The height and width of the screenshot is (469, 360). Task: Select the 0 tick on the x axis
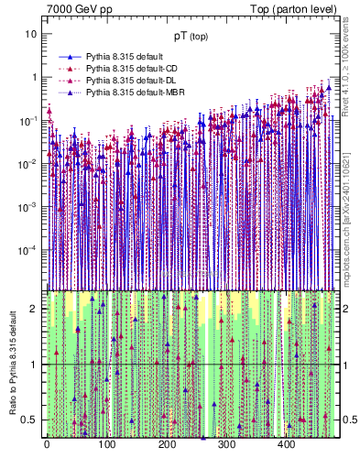47,446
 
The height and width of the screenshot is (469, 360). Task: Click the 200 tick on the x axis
166,446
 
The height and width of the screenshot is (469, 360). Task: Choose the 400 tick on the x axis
285,446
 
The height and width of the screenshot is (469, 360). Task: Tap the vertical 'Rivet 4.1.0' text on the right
352,73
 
